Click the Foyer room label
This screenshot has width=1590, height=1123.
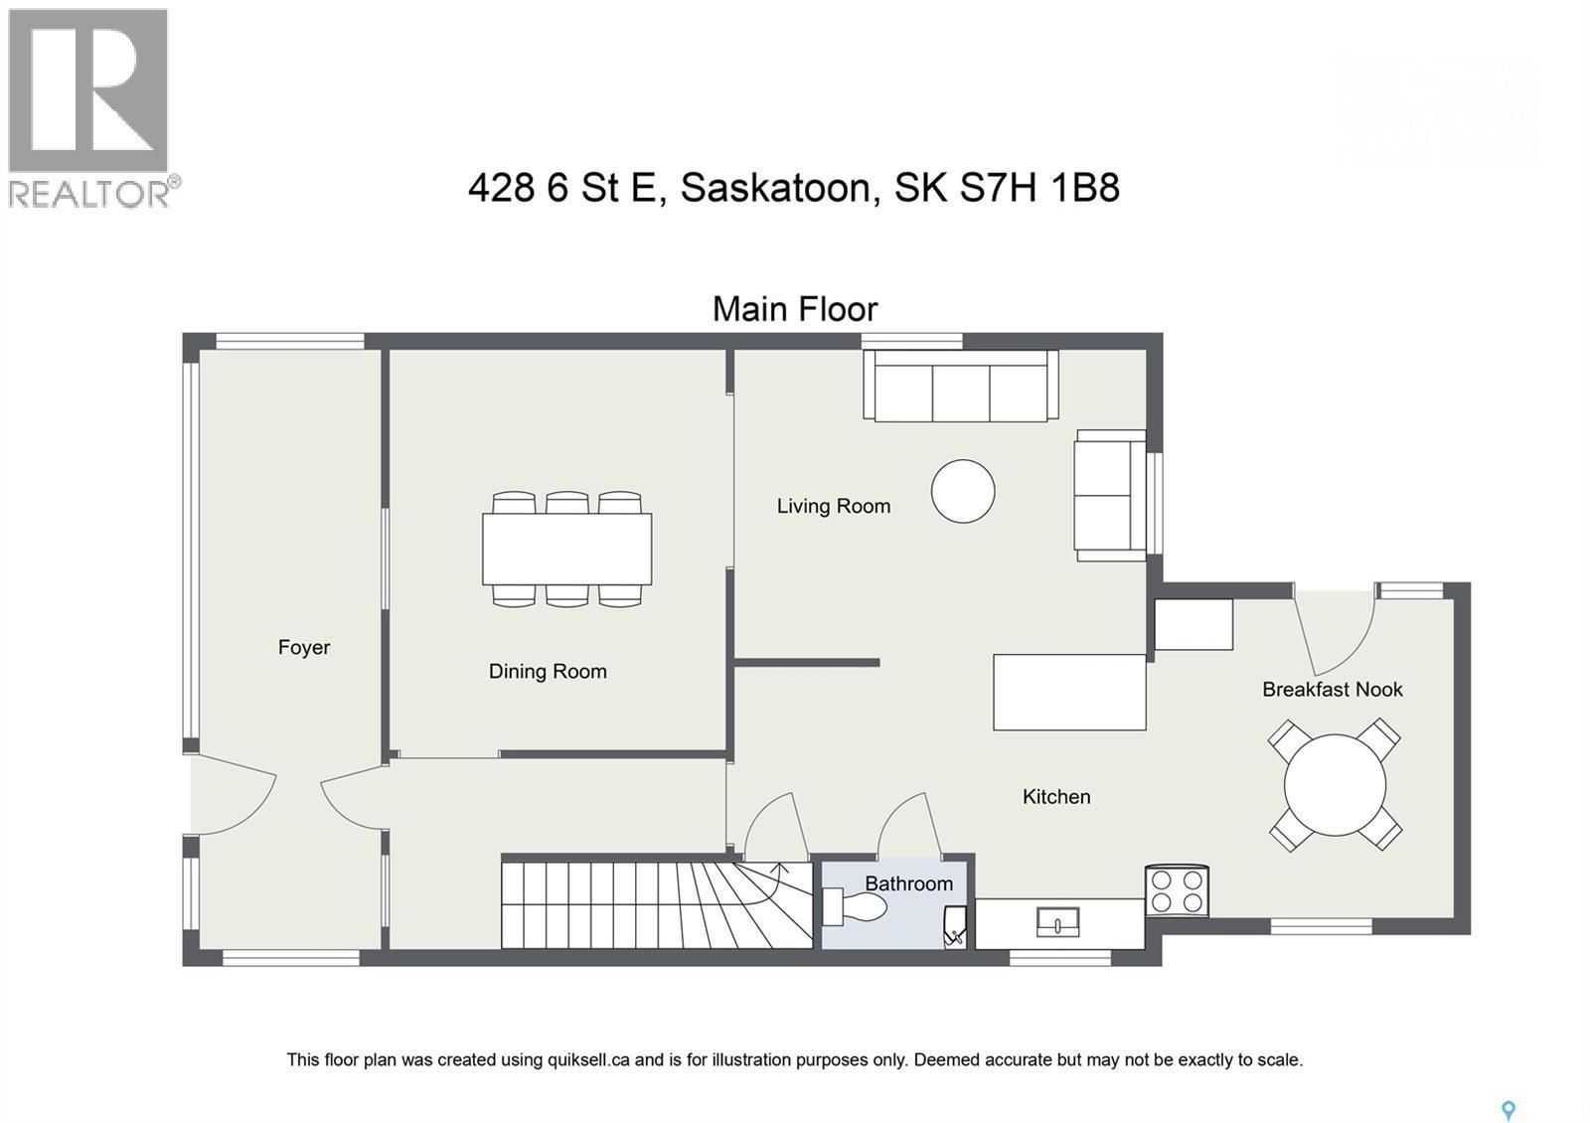tap(303, 648)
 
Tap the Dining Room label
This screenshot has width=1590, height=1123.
tap(548, 672)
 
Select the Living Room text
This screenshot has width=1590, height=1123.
tap(833, 507)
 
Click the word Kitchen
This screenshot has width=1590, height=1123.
tap(1056, 797)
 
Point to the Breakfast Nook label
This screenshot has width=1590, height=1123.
tap(1332, 690)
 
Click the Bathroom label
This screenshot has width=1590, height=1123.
tap(908, 883)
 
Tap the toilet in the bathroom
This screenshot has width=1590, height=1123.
tap(857, 906)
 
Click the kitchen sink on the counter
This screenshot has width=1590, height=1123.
tap(1057, 922)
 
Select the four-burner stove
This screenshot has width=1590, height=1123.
tap(1177, 890)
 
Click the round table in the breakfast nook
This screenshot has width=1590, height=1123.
tap(1335, 785)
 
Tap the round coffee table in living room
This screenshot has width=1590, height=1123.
tap(963, 491)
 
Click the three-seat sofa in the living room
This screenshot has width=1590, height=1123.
tap(960, 388)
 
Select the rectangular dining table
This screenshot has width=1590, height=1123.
tap(566, 549)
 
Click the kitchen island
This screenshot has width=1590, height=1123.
tap(1069, 692)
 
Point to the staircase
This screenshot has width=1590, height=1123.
tap(656, 904)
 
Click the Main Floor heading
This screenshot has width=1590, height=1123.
tap(795, 309)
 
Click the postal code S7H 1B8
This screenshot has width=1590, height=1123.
tap(1039, 188)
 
